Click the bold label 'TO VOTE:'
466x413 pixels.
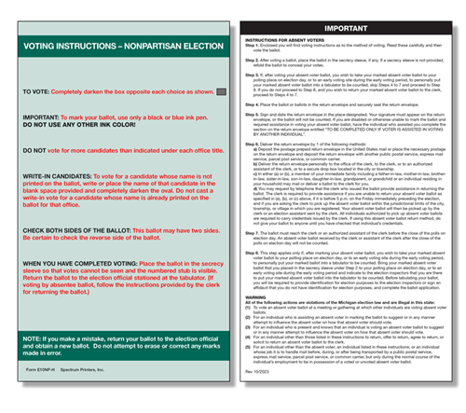tap(38, 93)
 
